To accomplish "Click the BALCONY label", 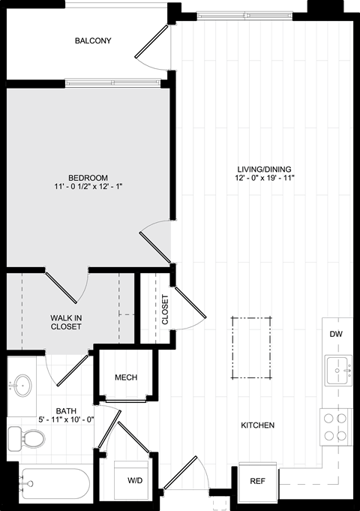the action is (93, 41).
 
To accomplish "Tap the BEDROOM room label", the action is (88, 178).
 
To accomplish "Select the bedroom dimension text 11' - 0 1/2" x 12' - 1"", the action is (88, 187).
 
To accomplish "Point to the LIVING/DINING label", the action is (264, 170).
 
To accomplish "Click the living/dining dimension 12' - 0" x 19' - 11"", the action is (264, 178).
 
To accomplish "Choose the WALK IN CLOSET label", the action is (66, 322).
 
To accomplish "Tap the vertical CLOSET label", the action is (165, 310).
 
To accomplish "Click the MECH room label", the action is (126, 377).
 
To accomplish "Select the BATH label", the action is (66, 411).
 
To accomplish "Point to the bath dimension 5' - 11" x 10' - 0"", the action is (66, 419).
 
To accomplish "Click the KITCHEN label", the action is (258, 425).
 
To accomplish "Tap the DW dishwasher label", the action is (336, 334).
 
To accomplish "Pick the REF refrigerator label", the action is (257, 481).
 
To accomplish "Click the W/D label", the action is (135, 480).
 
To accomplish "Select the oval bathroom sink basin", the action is (22, 386).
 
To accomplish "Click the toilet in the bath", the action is (26, 439).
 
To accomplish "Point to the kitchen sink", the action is (338, 371).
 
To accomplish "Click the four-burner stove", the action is (336, 427).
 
